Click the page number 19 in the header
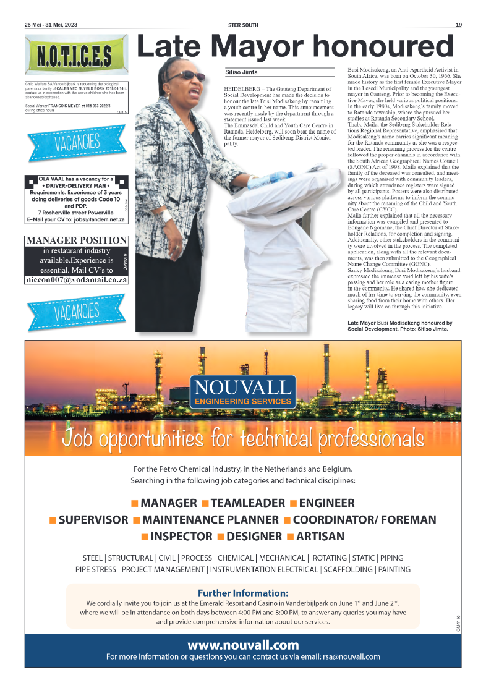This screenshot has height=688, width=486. click(x=458, y=25)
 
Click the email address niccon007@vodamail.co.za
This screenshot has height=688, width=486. click(x=77, y=279)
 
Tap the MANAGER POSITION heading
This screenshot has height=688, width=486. click(x=77, y=240)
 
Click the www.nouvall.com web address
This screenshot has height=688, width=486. click(x=243, y=645)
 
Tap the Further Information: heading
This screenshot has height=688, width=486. click(x=243, y=593)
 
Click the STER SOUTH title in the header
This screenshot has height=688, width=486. click(x=243, y=25)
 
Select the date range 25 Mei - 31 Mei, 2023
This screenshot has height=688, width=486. click(x=55, y=25)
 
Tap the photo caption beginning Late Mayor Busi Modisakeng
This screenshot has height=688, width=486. click(x=399, y=326)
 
